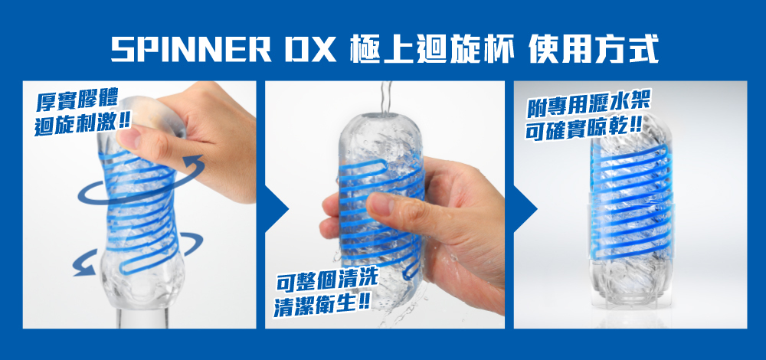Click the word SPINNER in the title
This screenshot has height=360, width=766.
point(191,49)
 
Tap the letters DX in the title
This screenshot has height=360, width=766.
point(309,49)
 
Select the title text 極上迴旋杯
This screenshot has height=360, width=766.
point(431,49)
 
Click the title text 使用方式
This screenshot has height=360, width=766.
point(593,49)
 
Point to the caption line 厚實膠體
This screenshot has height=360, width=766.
point(77,102)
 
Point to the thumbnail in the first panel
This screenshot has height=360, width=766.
point(128,138)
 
